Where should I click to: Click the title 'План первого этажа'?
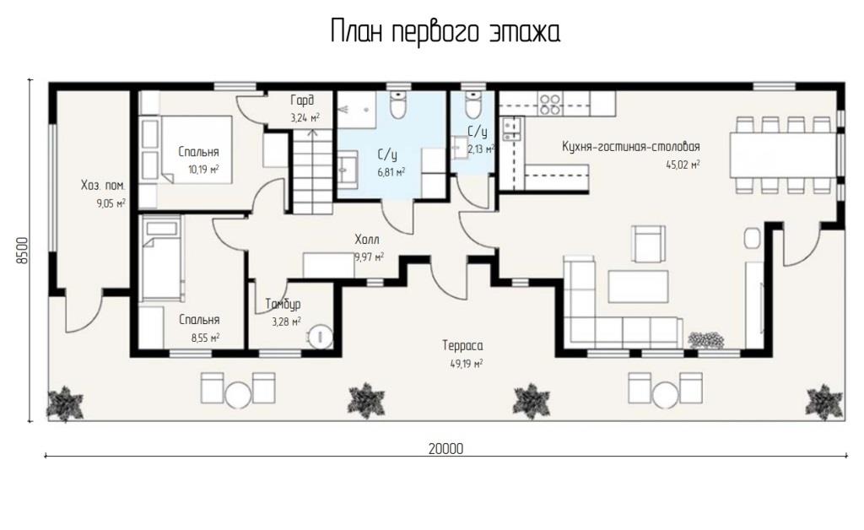(x=445, y=31)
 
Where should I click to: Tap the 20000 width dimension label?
(x=445, y=449)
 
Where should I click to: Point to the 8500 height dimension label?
(x=21, y=251)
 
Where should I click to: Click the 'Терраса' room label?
(x=462, y=345)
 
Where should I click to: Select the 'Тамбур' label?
(x=283, y=304)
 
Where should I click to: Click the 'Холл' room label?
(x=367, y=240)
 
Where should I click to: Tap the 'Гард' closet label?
(x=302, y=100)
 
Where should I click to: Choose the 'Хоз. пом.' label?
(x=103, y=186)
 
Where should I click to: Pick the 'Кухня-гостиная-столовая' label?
(x=631, y=147)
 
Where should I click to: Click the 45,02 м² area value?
(x=683, y=165)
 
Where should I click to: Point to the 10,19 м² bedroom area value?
(x=203, y=169)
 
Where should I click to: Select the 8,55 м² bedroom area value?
(x=206, y=338)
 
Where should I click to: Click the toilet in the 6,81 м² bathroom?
(x=397, y=104)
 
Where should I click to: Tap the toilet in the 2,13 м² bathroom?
(x=472, y=104)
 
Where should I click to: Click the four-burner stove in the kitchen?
(x=549, y=104)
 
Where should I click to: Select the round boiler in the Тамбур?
(x=320, y=337)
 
